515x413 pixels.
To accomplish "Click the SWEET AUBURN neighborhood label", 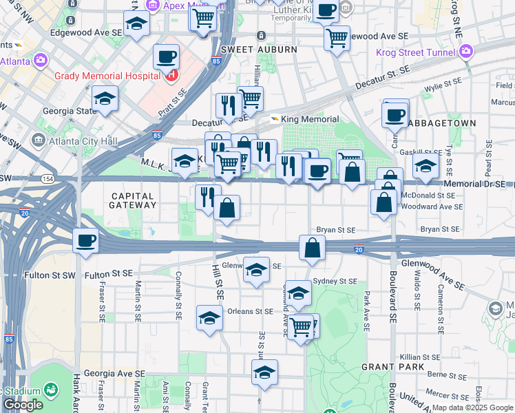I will click(259, 50).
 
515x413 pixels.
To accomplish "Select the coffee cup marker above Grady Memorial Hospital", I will click(165, 57).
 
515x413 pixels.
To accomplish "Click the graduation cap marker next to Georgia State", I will click(105, 98).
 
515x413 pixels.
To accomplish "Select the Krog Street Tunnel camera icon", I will click(467, 52).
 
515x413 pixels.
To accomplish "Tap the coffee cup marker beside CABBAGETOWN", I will click(395, 115).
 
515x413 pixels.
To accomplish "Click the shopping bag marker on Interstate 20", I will click(312, 248).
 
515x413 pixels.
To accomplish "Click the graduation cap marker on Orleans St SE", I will click(209, 318).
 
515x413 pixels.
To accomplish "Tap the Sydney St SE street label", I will click(335, 282).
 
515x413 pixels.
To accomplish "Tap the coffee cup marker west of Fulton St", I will click(85, 241).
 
